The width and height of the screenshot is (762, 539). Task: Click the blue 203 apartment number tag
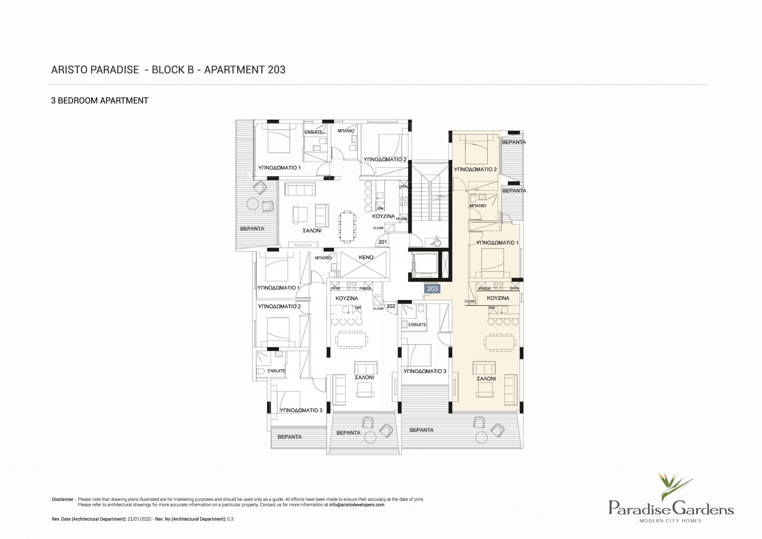click(x=432, y=289)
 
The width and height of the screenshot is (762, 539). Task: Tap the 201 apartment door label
click(x=383, y=242)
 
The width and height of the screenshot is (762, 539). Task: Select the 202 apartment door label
click(x=391, y=306)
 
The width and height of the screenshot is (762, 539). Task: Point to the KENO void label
click(x=366, y=257)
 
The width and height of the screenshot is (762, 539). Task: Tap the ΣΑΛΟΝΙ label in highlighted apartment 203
click(x=487, y=379)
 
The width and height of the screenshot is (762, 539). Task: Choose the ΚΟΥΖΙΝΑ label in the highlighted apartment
click(x=498, y=298)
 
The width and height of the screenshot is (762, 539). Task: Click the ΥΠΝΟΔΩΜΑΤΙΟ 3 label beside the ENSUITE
click(x=425, y=371)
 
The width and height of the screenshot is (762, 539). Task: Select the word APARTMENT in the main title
click(x=234, y=70)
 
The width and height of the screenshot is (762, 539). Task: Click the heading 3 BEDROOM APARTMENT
click(x=100, y=101)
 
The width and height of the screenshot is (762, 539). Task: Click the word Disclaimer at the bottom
click(x=62, y=499)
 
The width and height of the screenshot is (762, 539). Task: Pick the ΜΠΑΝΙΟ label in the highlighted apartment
click(x=478, y=206)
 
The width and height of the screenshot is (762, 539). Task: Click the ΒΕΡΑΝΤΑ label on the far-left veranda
click(x=252, y=229)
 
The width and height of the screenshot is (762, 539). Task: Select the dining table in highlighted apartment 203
click(x=498, y=342)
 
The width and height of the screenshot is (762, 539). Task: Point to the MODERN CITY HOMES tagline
click(x=670, y=521)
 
